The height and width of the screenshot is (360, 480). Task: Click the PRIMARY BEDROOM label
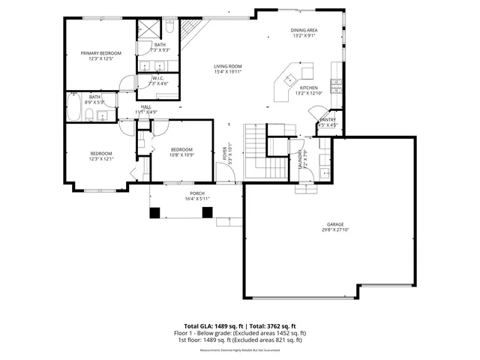[x=100, y=52]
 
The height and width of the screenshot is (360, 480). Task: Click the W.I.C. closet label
[x=158, y=78]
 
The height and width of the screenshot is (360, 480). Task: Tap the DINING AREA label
[x=304, y=30]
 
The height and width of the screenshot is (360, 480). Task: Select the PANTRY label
[x=328, y=119]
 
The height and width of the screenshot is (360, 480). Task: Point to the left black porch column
[x=154, y=213]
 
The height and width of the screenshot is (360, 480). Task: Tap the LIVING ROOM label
[x=228, y=67]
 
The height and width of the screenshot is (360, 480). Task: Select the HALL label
[x=146, y=106]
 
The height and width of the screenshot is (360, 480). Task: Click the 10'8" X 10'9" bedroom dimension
[x=181, y=154]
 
